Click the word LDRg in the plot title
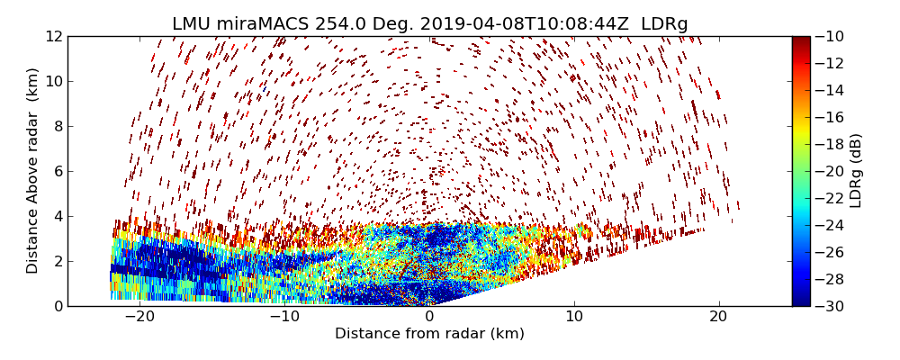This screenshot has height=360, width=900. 664,24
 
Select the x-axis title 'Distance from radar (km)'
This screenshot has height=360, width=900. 429,334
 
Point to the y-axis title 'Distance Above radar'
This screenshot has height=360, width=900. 33,171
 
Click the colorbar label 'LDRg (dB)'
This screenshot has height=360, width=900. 856,171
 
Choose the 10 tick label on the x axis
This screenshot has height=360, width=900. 574,318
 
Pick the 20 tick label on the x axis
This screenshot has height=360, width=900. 718,318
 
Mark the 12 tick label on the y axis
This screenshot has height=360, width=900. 53,36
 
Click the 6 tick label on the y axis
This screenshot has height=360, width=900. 57,171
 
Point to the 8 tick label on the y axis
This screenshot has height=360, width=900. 57,126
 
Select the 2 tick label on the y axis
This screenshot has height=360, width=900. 57,261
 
